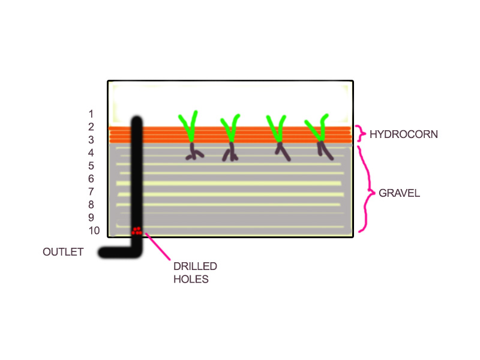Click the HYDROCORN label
point(404,134)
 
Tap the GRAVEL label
point(399,194)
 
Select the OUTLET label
point(63,252)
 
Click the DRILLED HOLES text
point(195,272)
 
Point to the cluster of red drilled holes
point(137,230)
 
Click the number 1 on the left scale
point(91,114)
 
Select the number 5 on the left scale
point(91,166)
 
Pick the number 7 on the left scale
point(91,192)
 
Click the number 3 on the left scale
point(91,140)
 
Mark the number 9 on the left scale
point(91,218)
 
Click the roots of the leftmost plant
point(194,152)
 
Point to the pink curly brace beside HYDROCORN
point(360,133)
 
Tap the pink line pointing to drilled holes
point(157,247)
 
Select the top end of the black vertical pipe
point(137,121)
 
